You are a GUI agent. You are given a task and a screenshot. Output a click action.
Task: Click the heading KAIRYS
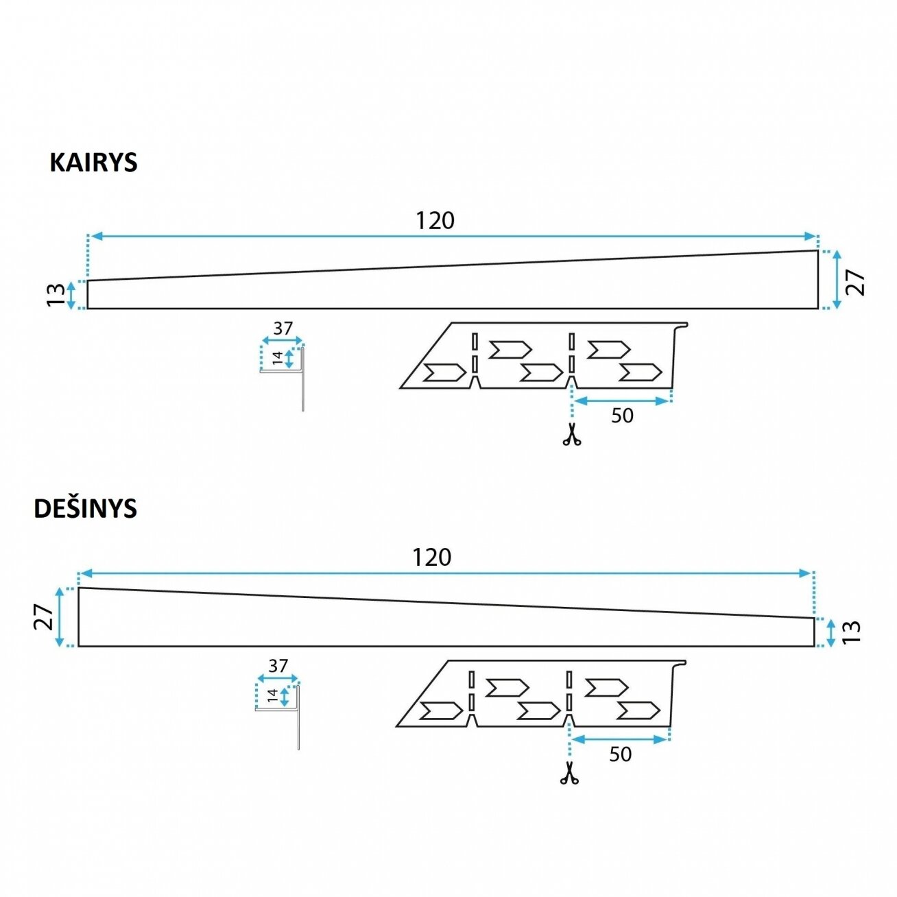pyautogui.click(x=93, y=163)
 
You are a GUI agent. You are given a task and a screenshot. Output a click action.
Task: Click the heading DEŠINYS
pyautogui.click(x=86, y=508)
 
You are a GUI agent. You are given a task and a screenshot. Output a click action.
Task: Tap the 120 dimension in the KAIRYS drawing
pyautogui.click(x=435, y=221)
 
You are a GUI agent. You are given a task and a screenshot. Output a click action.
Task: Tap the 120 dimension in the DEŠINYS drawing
pyautogui.click(x=432, y=557)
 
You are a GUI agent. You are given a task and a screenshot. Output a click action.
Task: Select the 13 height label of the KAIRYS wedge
pyautogui.click(x=56, y=294)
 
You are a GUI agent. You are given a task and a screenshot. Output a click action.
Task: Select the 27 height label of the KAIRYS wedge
pyautogui.click(x=855, y=283)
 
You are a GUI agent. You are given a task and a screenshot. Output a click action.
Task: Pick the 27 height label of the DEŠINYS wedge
pyautogui.click(x=43, y=617)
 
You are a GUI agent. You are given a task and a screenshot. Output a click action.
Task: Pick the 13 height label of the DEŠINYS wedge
pyautogui.click(x=851, y=632)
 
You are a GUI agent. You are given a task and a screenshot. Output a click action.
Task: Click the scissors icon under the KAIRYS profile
pyautogui.click(x=572, y=434)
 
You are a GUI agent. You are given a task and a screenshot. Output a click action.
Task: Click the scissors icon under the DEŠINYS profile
pyautogui.click(x=569, y=773)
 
